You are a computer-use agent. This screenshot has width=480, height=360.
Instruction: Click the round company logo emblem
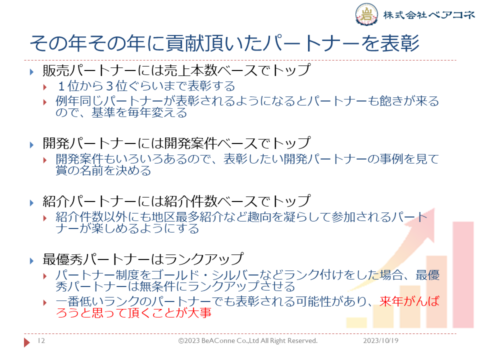(x=366, y=14)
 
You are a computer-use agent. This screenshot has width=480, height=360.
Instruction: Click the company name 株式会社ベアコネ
(x=429, y=14)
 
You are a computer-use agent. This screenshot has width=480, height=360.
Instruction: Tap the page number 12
(x=41, y=340)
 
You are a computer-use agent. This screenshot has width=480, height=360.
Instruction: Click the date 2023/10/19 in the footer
(x=380, y=340)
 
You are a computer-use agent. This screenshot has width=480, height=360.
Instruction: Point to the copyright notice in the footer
(x=247, y=340)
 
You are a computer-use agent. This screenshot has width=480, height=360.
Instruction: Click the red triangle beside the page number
(x=27, y=342)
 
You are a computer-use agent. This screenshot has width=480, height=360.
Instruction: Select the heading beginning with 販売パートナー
(x=176, y=70)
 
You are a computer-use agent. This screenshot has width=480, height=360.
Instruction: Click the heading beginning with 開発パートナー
(x=176, y=143)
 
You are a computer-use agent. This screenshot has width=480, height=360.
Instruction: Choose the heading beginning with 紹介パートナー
(x=176, y=201)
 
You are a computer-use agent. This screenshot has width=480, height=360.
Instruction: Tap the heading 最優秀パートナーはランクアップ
(x=143, y=259)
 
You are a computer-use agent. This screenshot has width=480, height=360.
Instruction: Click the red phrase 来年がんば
(x=409, y=301)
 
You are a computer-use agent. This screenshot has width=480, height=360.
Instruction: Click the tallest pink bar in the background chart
(x=463, y=275)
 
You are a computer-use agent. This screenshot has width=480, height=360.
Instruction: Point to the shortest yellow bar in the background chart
(x=356, y=322)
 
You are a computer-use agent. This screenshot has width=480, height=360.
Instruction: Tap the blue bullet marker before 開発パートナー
(x=32, y=144)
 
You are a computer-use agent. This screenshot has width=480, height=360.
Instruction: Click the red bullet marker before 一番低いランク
(x=45, y=303)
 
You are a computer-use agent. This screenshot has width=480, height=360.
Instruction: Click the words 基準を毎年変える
(x=139, y=112)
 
